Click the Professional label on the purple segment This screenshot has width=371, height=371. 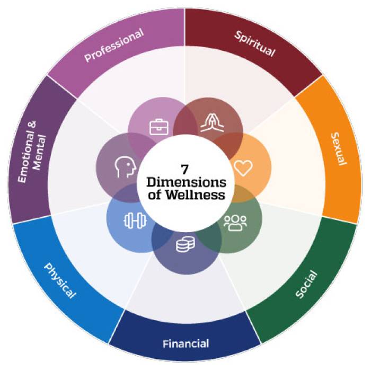point(114,46)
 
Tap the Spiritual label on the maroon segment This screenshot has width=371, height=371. point(255,45)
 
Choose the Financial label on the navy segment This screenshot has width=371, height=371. point(185,343)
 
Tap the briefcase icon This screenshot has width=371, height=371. point(157,127)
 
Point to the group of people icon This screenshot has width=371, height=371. point(235,223)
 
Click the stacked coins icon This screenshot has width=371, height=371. point(185,244)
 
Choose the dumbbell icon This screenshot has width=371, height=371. point(133,219)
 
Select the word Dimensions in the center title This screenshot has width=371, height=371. point(185,182)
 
